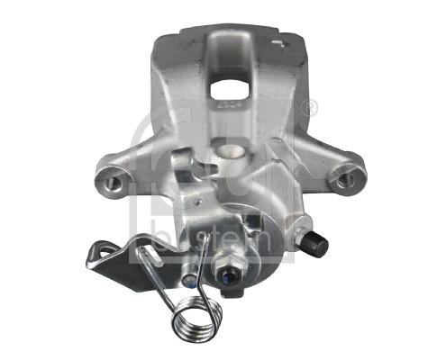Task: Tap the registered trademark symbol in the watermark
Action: [x=312, y=107]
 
